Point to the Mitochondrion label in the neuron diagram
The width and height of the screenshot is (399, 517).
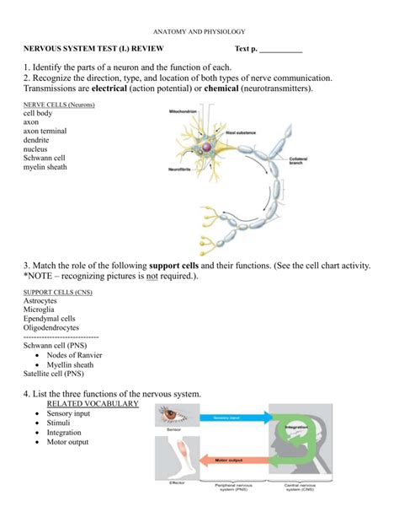[x=184, y=111]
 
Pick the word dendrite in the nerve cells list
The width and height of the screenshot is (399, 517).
[x=38, y=140]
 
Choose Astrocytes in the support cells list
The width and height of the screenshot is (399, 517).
[x=41, y=300]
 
